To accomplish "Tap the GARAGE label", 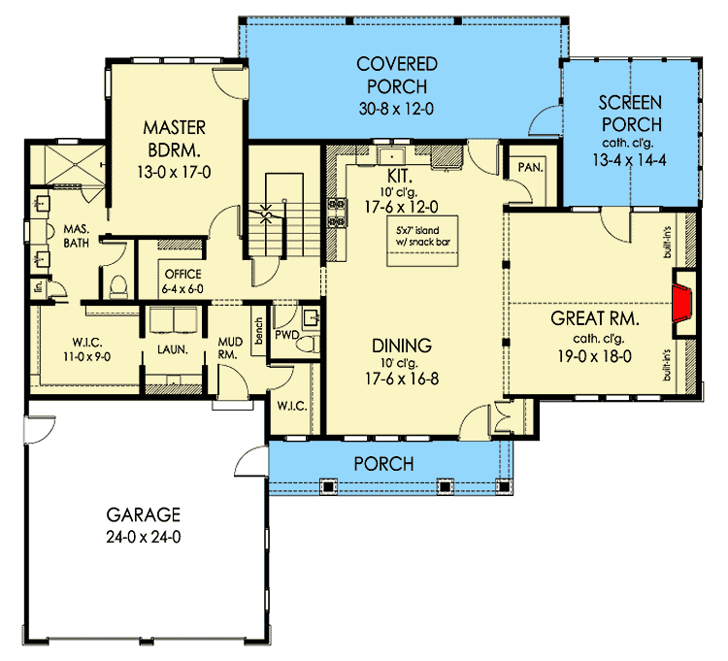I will (x=143, y=514).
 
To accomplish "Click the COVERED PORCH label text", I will (x=397, y=75).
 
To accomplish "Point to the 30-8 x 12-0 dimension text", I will (x=397, y=107).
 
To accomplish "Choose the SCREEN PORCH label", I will (x=630, y=113).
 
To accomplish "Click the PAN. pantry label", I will (x=529, y=167).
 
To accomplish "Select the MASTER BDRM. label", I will (x=172, y=139).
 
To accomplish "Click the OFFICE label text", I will (x=182, y=274).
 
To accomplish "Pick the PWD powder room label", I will (x=284, y=335).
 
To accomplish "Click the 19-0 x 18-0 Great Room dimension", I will (x=594, y=355).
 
